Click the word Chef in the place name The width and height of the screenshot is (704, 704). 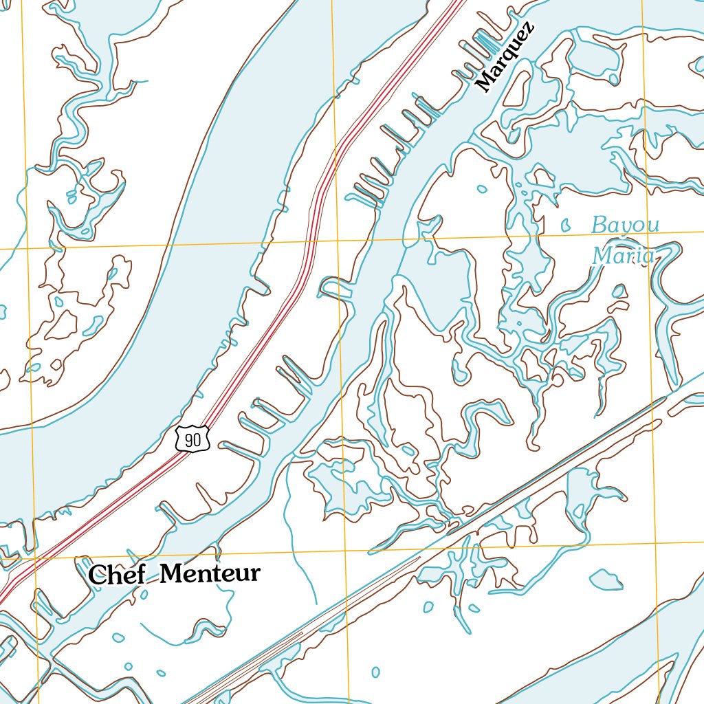click(117, 575)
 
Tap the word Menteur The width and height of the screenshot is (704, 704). click(210, 573)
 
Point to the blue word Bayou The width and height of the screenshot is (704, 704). click(626, 225)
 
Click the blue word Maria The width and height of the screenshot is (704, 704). click(623, 256)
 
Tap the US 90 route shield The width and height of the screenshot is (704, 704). click(192, 439)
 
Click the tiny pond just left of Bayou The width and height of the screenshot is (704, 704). click(566, 224)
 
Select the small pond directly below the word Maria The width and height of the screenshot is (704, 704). click(619, 291)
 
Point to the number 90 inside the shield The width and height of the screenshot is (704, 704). click(193, 441)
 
